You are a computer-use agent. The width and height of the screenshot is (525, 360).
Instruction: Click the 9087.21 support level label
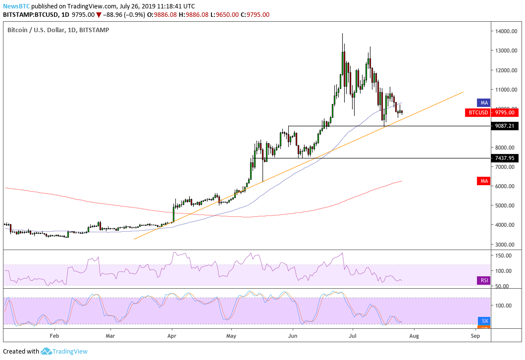[x=506, y=126]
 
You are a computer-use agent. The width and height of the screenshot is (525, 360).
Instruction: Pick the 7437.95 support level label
[x=506, y=158]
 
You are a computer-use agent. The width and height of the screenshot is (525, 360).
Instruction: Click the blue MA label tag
[x=483, y=103]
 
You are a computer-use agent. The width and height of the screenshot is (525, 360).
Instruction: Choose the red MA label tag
[x=483, y=182]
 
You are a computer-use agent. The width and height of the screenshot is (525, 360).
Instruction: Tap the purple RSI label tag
[x=483, y=281]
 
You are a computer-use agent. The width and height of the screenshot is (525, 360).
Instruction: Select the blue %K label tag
[x=483, y=321]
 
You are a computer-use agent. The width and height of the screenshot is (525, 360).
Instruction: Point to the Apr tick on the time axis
[x=172, y=335]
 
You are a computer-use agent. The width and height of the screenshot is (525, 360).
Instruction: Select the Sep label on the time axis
[x=475, y=335]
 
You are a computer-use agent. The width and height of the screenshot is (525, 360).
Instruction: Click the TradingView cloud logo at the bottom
[x=47, y=351]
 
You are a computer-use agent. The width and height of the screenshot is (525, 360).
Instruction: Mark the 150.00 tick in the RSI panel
[x=505, y=256]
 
